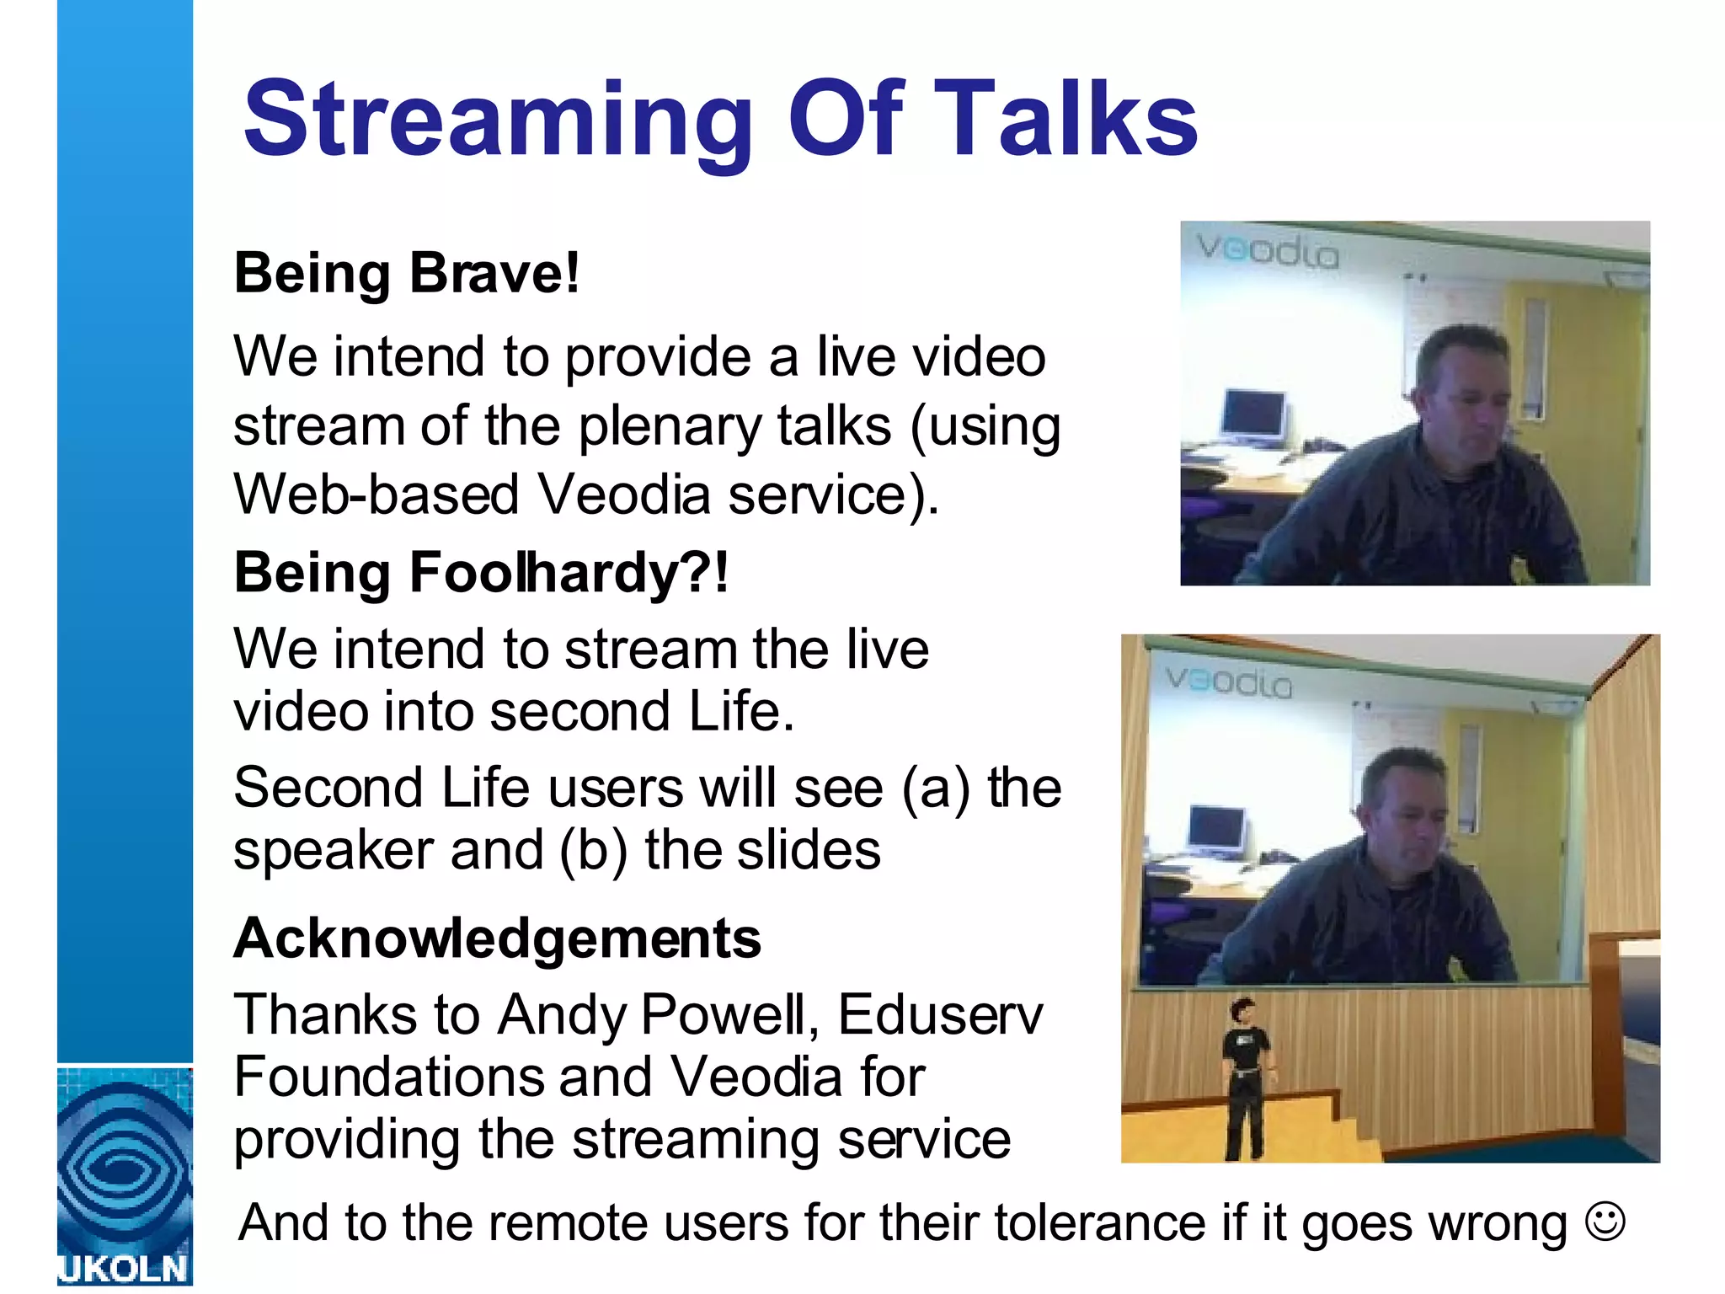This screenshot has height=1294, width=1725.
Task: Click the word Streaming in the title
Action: click(497, 120)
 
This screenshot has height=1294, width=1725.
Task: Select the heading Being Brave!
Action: click(407, 274)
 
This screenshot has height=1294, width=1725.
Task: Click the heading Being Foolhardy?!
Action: click(481, 573)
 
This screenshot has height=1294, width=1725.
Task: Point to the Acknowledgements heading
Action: click(497, 938)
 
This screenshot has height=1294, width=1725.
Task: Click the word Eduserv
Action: click(940, 1014)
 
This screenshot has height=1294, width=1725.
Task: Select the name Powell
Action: click(729, 1014)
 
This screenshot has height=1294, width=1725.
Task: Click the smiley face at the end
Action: click(1605, 1221)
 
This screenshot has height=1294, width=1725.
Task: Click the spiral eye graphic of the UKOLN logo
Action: click(125, 1167)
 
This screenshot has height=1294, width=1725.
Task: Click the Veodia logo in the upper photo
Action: click(1268, 251)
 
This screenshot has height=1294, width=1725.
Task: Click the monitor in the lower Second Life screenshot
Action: click(1216, 830)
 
